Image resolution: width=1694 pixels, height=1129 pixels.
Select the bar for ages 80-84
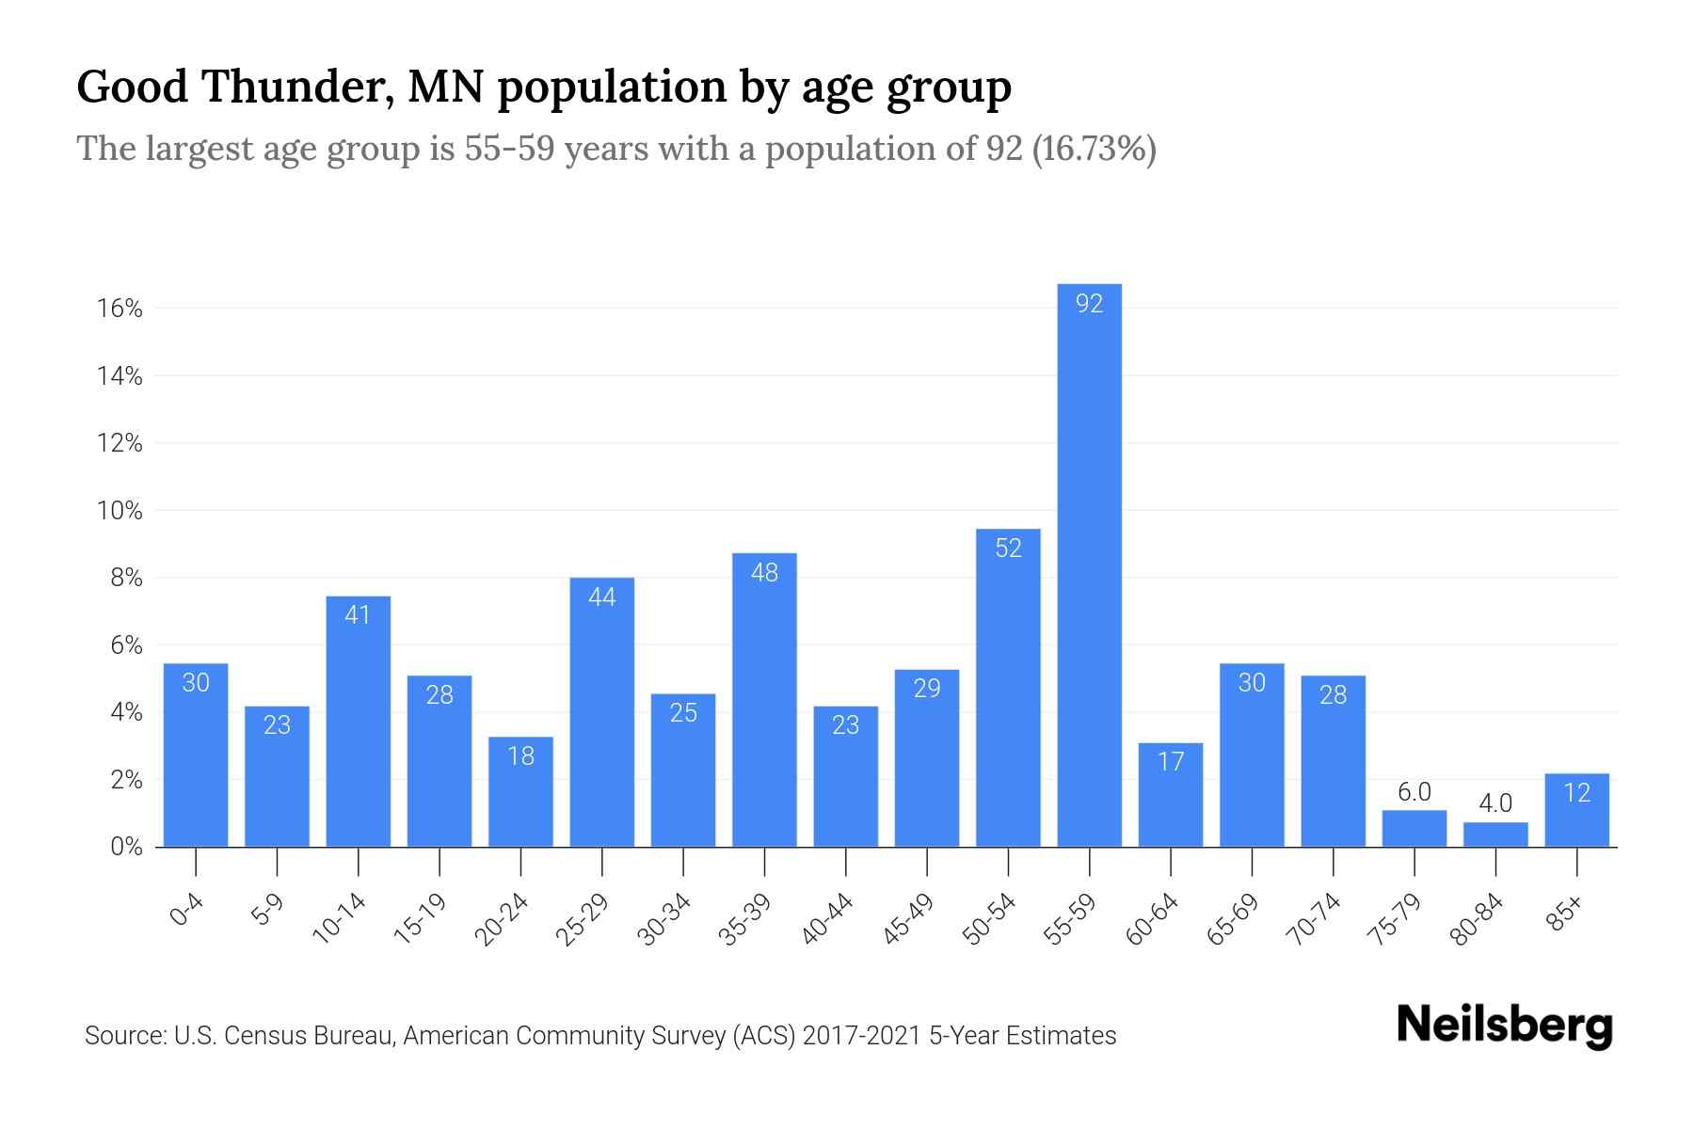tap(1495, 835)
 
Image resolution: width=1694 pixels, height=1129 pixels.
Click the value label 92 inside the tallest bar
tap(1089, 304)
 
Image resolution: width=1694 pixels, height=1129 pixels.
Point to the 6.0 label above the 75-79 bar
tap(1414, 792)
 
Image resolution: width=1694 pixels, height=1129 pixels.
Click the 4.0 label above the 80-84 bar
tap(1495, 803)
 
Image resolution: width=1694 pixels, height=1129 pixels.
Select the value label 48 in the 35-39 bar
tap(764, 573)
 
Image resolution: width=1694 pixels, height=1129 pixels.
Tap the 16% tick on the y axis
tap(120, 309)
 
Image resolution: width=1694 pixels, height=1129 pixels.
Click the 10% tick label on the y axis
tap(120, 511)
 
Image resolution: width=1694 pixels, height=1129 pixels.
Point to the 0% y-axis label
tap(126, 847)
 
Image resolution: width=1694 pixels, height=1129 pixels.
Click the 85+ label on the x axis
tap(1565, 914)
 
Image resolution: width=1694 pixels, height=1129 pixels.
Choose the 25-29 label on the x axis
tap(583, 919)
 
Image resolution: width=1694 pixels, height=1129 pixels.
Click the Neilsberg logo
tap(1504, 1026)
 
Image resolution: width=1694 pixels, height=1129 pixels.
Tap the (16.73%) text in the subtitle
tap(1094, 149)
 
